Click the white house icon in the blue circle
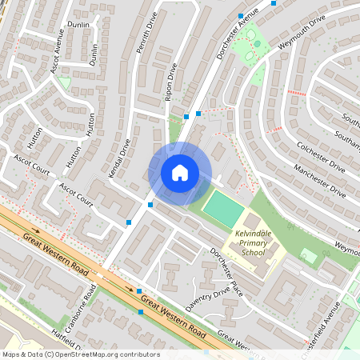(180, 172)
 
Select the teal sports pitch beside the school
(223, 208)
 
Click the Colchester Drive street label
(320, 158)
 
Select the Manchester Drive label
(319, 182)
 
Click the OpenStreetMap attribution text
(80, 354)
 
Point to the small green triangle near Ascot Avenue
(64, 82)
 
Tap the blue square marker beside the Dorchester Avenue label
(240, 15)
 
